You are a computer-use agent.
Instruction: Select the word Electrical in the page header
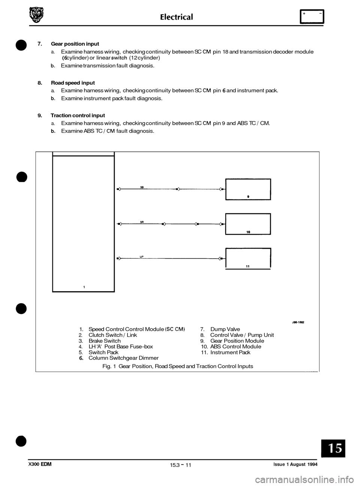176,16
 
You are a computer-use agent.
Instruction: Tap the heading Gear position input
75,44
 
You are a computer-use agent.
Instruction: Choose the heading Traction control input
78,115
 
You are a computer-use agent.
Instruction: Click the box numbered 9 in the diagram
248,189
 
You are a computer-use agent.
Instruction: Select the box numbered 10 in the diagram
248,224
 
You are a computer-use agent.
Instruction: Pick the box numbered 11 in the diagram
248,258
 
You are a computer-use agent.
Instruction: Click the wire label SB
142,187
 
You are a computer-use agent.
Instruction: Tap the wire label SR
142,221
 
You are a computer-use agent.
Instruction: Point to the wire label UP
142,256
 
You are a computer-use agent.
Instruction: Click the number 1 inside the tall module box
84,287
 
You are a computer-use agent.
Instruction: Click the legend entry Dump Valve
225,329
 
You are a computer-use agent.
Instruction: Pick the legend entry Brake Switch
104,341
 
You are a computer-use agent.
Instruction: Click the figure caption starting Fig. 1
177,366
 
